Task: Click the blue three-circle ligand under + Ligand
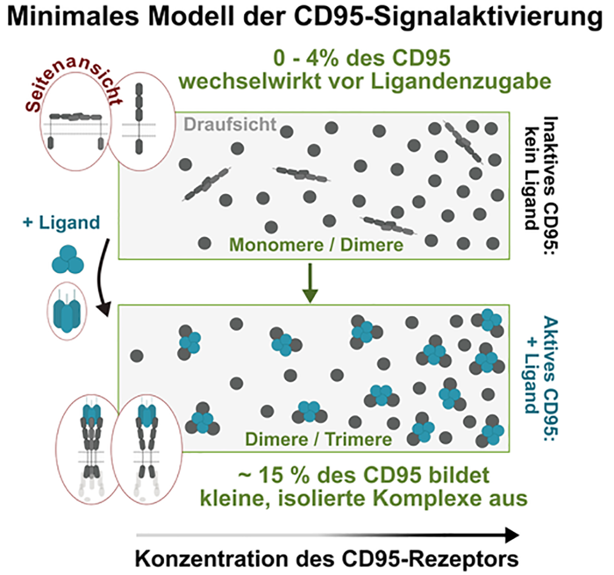point(67,259)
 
